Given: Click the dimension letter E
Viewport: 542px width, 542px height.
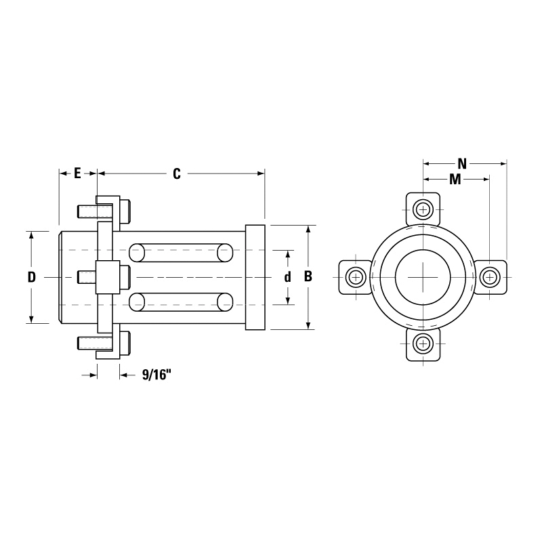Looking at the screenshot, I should point(77,173).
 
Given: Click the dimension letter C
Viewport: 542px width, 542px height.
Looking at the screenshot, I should point(176,173).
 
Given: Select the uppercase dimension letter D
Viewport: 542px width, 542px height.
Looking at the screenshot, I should point(31,277).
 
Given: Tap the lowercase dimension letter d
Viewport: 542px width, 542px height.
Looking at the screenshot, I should point(288,277).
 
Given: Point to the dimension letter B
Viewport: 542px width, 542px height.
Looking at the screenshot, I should point(308,277).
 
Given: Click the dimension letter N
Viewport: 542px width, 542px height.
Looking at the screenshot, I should point(462,163).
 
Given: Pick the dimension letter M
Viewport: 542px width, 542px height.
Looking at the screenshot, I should point(455,180).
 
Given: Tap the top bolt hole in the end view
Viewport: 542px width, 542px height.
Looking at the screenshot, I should point(423,209).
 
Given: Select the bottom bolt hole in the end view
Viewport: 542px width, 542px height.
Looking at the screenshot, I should point(423,343).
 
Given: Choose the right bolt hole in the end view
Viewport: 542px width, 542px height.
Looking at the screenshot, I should point(489,277).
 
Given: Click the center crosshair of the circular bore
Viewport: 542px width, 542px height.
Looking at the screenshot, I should point(423,277).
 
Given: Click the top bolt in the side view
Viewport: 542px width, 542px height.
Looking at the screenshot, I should point(105,211).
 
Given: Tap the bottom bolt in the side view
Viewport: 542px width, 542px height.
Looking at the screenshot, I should point(105,343).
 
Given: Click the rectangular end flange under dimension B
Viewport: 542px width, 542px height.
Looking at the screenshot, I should point(255,277).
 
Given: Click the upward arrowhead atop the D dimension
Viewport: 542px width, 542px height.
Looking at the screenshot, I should point(31,234).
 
